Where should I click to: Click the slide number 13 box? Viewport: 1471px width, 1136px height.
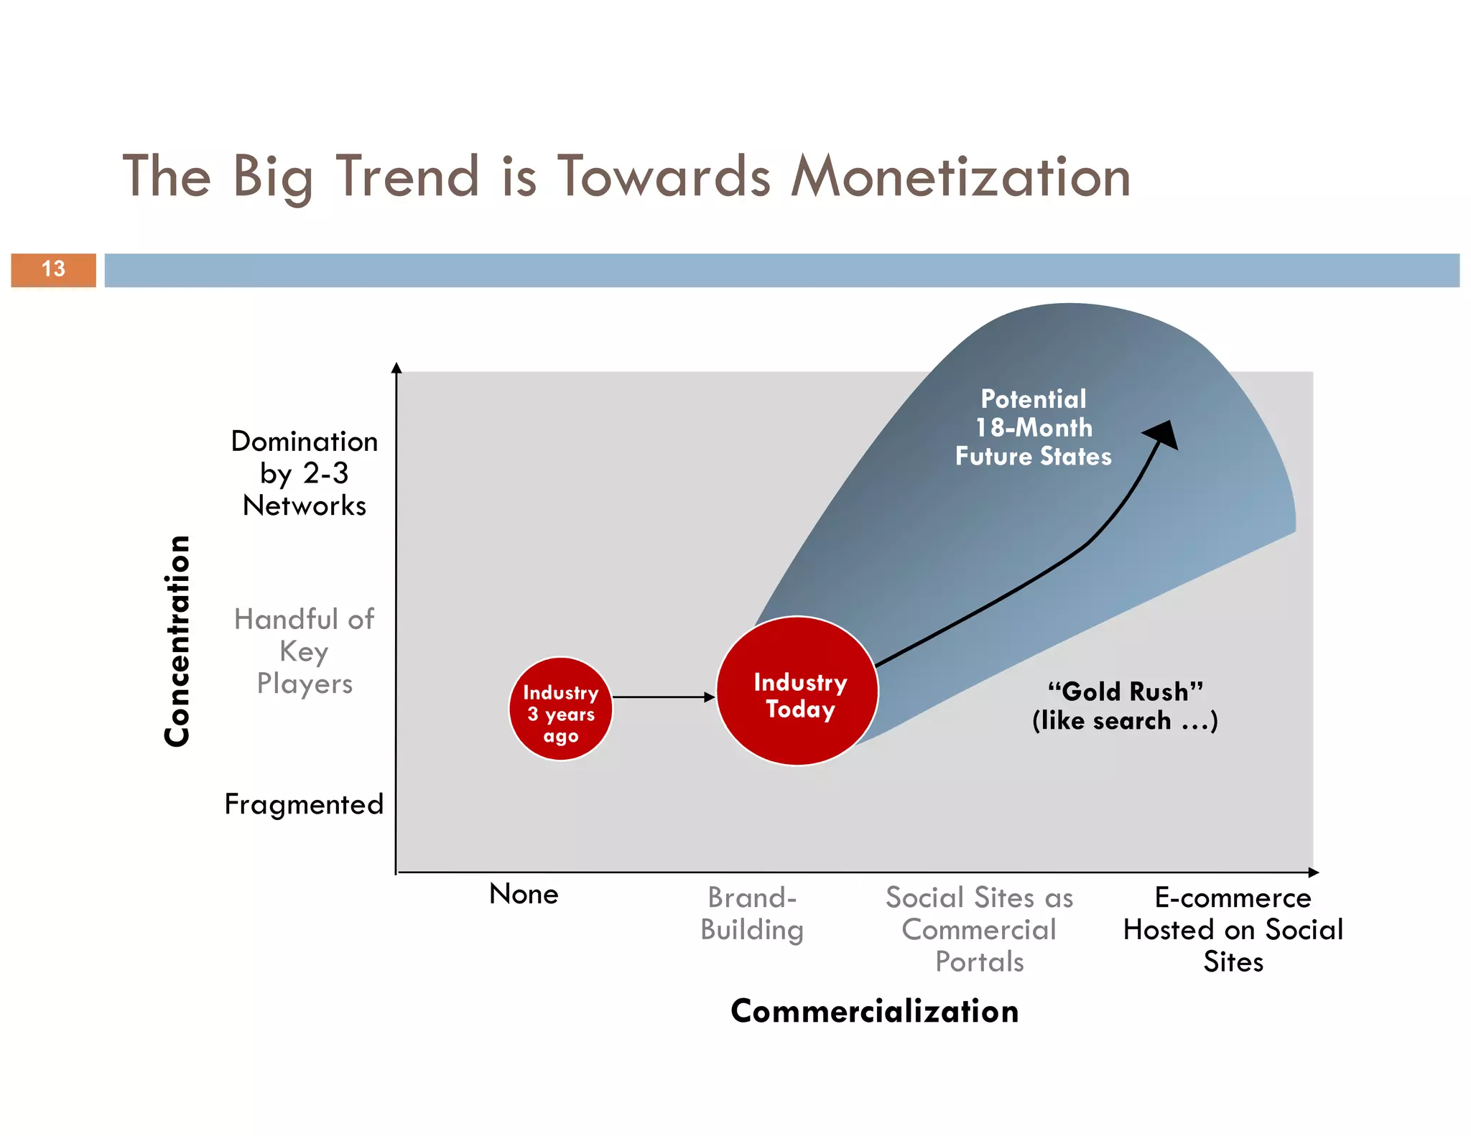(x=53, y=269)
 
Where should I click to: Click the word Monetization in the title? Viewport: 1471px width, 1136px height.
(x=960, y=177)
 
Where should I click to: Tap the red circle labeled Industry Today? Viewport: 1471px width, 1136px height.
(x=797, y=692)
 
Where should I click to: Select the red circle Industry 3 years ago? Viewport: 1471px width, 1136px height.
(x=560, y=709)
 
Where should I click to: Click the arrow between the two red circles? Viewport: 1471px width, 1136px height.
(x=664, y=697)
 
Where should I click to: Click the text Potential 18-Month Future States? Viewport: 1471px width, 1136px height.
(x=1033, y=428)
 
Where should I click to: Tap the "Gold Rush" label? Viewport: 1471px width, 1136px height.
(x=1125, y=706)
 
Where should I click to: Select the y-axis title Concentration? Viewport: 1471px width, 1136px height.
(x=177, y=641)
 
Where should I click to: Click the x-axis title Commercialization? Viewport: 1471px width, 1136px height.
(x=874, y=1011)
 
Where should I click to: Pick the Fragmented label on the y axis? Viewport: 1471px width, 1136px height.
(x=304, y=804)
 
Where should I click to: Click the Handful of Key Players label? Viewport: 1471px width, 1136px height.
(x=304, y=651)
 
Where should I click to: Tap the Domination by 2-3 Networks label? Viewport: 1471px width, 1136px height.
(x=304, y=473)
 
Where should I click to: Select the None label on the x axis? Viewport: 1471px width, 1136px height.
(x=524, y=894)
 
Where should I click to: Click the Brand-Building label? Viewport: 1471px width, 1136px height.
(x=752, y=913)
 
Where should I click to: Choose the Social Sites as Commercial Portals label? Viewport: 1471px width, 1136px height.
(x=979, y=929)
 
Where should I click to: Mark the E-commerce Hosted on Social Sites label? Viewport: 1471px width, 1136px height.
(x=1233, y=929)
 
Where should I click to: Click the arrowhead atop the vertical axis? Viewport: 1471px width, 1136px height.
(x=396, y=368)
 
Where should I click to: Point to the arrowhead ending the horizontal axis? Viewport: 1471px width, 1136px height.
(x=1313, y=872)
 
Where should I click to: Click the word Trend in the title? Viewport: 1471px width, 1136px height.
(x=407, y=177)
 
